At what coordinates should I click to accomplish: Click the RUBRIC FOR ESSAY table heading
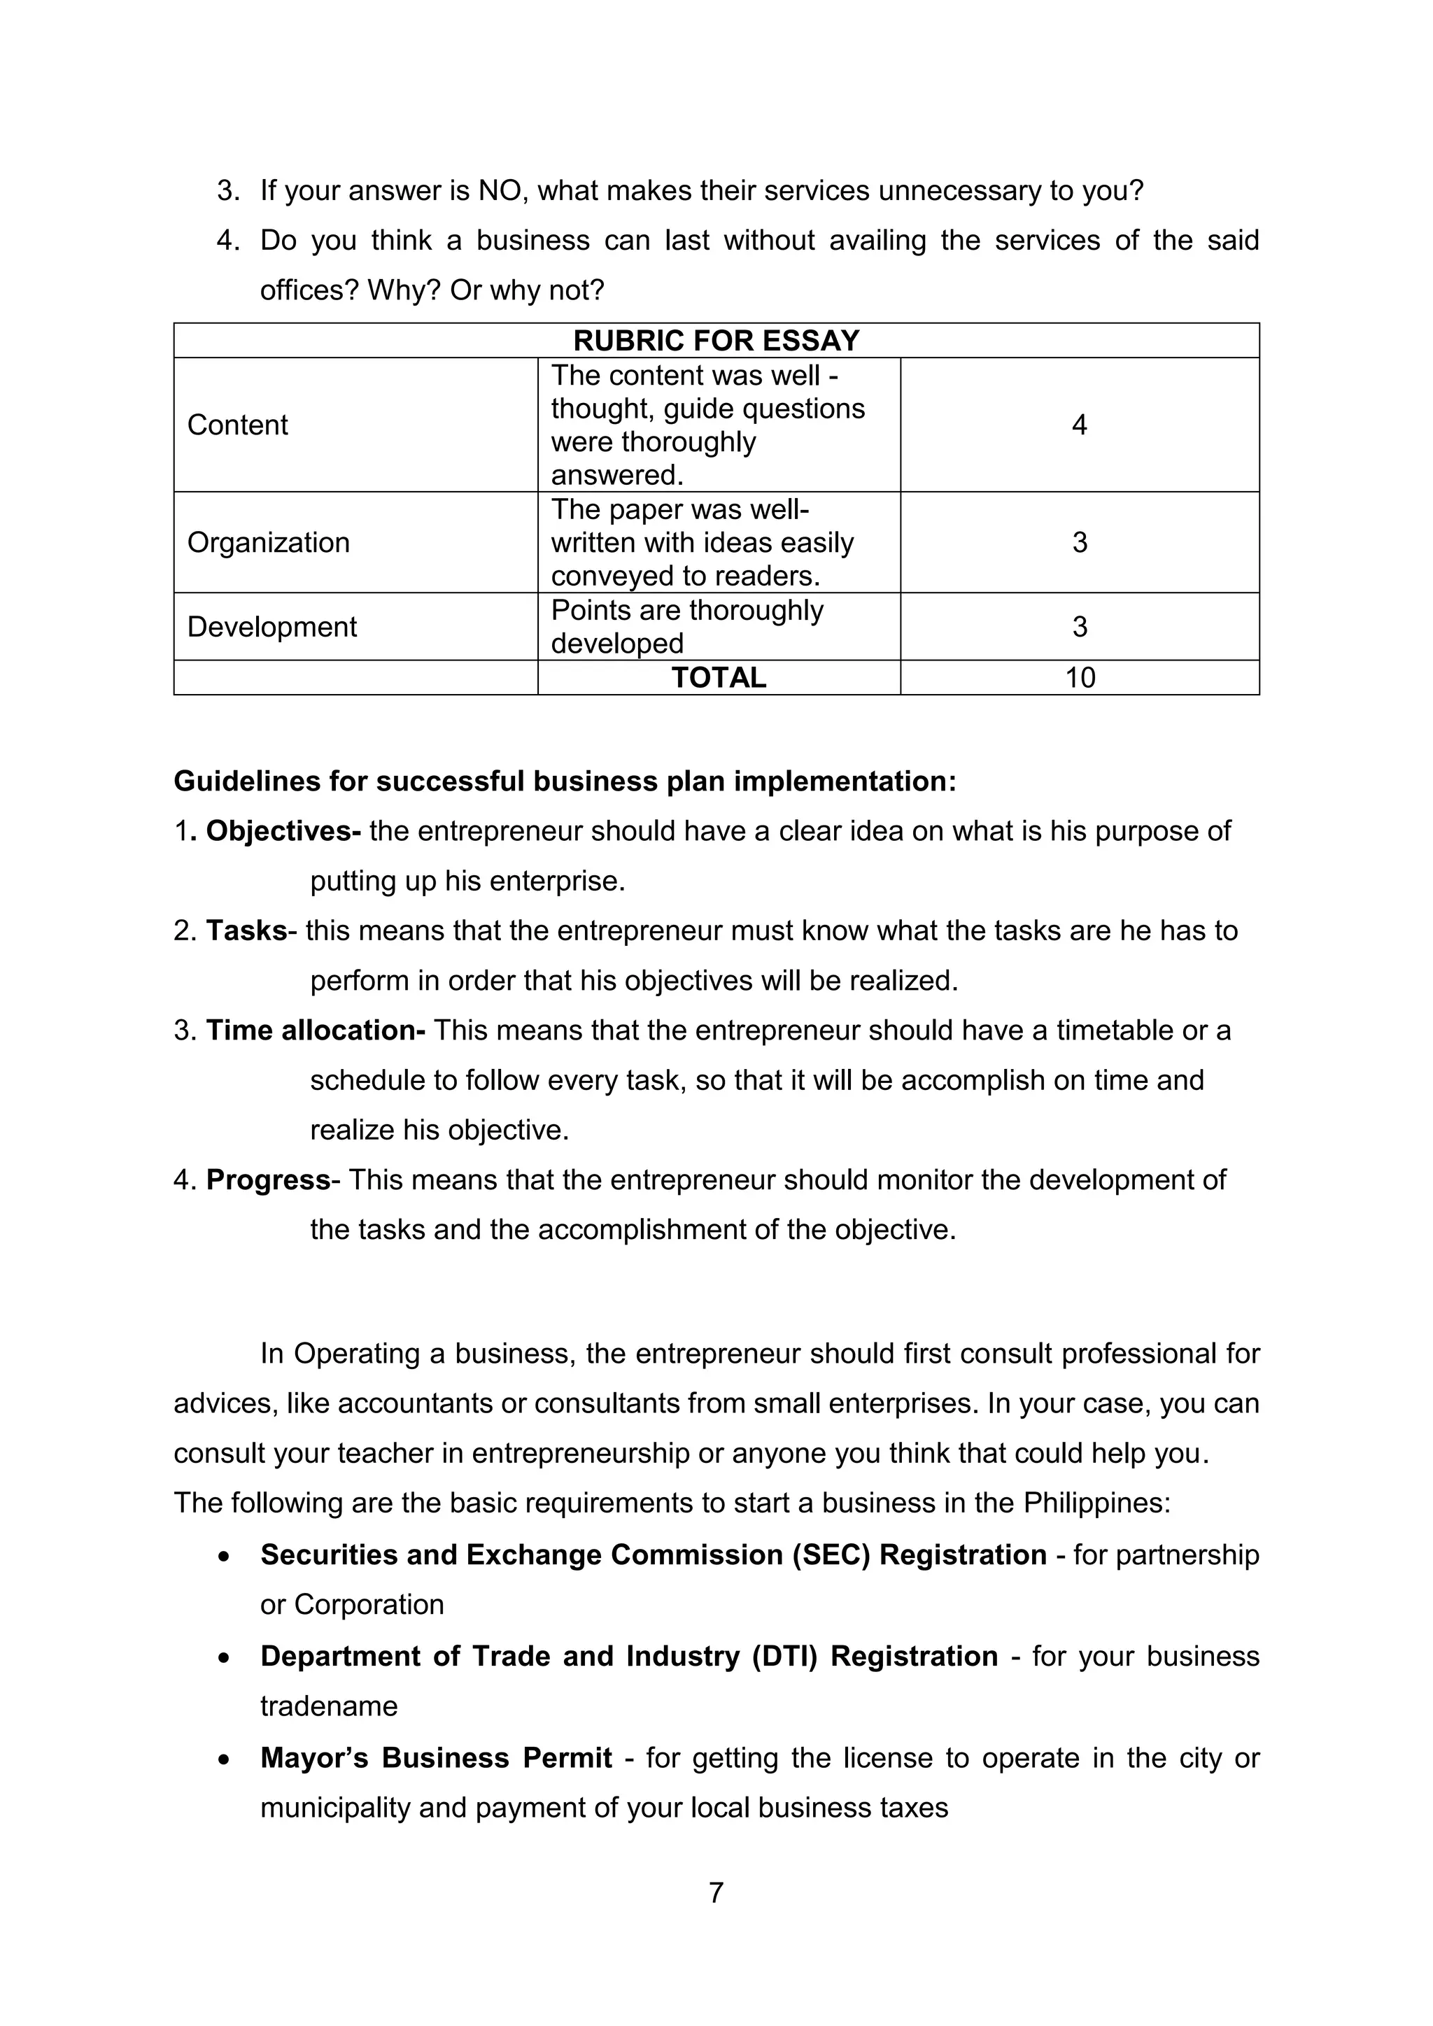click(x=716, y=341)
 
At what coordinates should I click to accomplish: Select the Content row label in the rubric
click(x=237, y=425)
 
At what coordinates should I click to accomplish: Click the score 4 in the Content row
click(x=1078, y=425)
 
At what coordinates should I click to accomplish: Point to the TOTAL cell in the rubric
click(x=719, y=678)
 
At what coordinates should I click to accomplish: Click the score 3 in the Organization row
click(x=1079, y=541)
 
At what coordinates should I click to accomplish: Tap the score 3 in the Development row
click(x=1079, y=627)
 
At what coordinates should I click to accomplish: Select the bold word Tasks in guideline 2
click(x=246, y=931)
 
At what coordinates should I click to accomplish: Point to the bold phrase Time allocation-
click(x=315, y=1030)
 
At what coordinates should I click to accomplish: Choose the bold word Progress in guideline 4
click(x=268, y=1180)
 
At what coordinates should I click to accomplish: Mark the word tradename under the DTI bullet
click(x=328, y=1706)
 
